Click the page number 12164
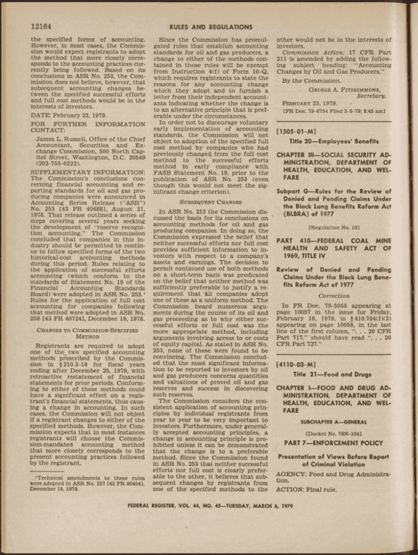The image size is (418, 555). pyautogui.click(x=42, y=27)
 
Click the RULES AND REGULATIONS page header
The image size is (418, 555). pyautogui.click(x=211, y=27)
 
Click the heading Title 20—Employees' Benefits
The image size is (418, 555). pyautogui.click(x=333, y=141)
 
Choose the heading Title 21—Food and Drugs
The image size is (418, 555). pyautogui.click(x=333, y=375)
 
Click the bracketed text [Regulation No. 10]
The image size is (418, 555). pyautogui.click(x=333, y=228)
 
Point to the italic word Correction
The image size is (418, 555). pyautogui.click(x=333, y=296)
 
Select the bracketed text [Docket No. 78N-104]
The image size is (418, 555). pyautogui.click(x=333, y=434)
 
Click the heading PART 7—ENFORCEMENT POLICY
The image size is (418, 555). pyautogui.click(x=333, y=443)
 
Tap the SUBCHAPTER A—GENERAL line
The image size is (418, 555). pyautogui.click(x=333, y=422)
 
